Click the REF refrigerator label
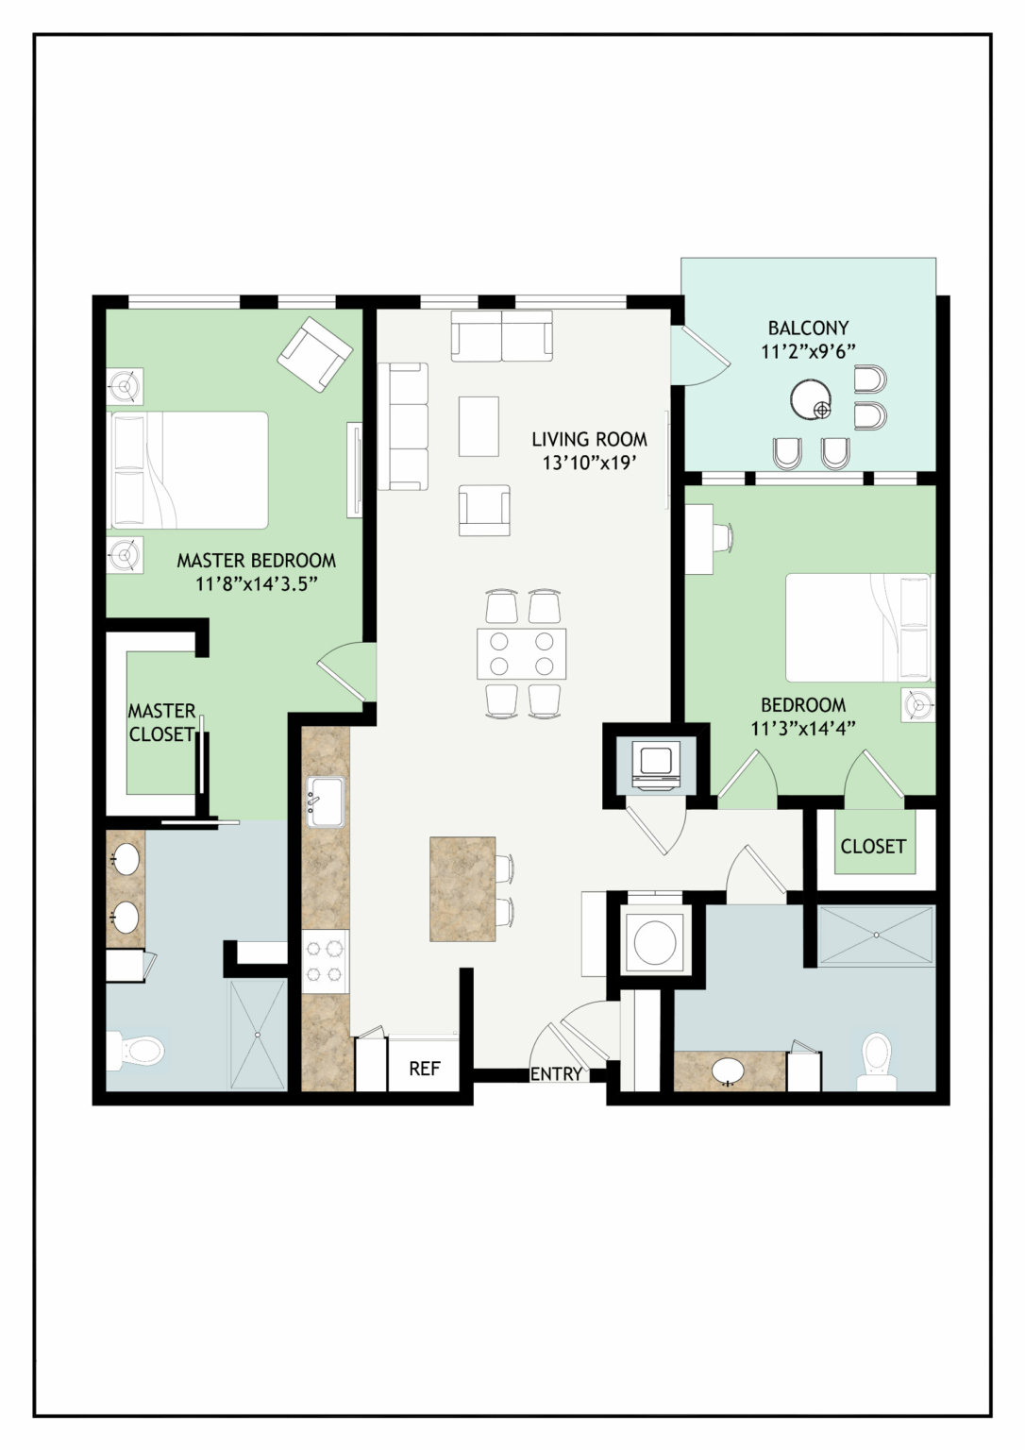click(x=425, y=1069)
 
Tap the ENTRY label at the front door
click(x=557, y=1074)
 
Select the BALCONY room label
click(x=808, y=328)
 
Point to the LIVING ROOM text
click(x=590, y=440)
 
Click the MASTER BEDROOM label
click(x=257, y=560)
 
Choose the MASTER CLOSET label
click(x=161, y=722)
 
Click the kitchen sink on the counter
click(x=326, y=802)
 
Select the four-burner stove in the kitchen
click(x=326, y=961)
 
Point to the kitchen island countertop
click(x=462, y=888)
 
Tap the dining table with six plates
click(x=522, y=653)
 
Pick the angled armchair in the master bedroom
click(x=315, y=354)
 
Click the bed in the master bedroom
click(x=188, y=470)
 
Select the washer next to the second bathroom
click(x=655, y=940)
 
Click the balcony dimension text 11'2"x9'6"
click(x=808, y=351)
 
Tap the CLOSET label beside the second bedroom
click(x=873, y=846)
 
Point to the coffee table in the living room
click(x=479, y=427)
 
